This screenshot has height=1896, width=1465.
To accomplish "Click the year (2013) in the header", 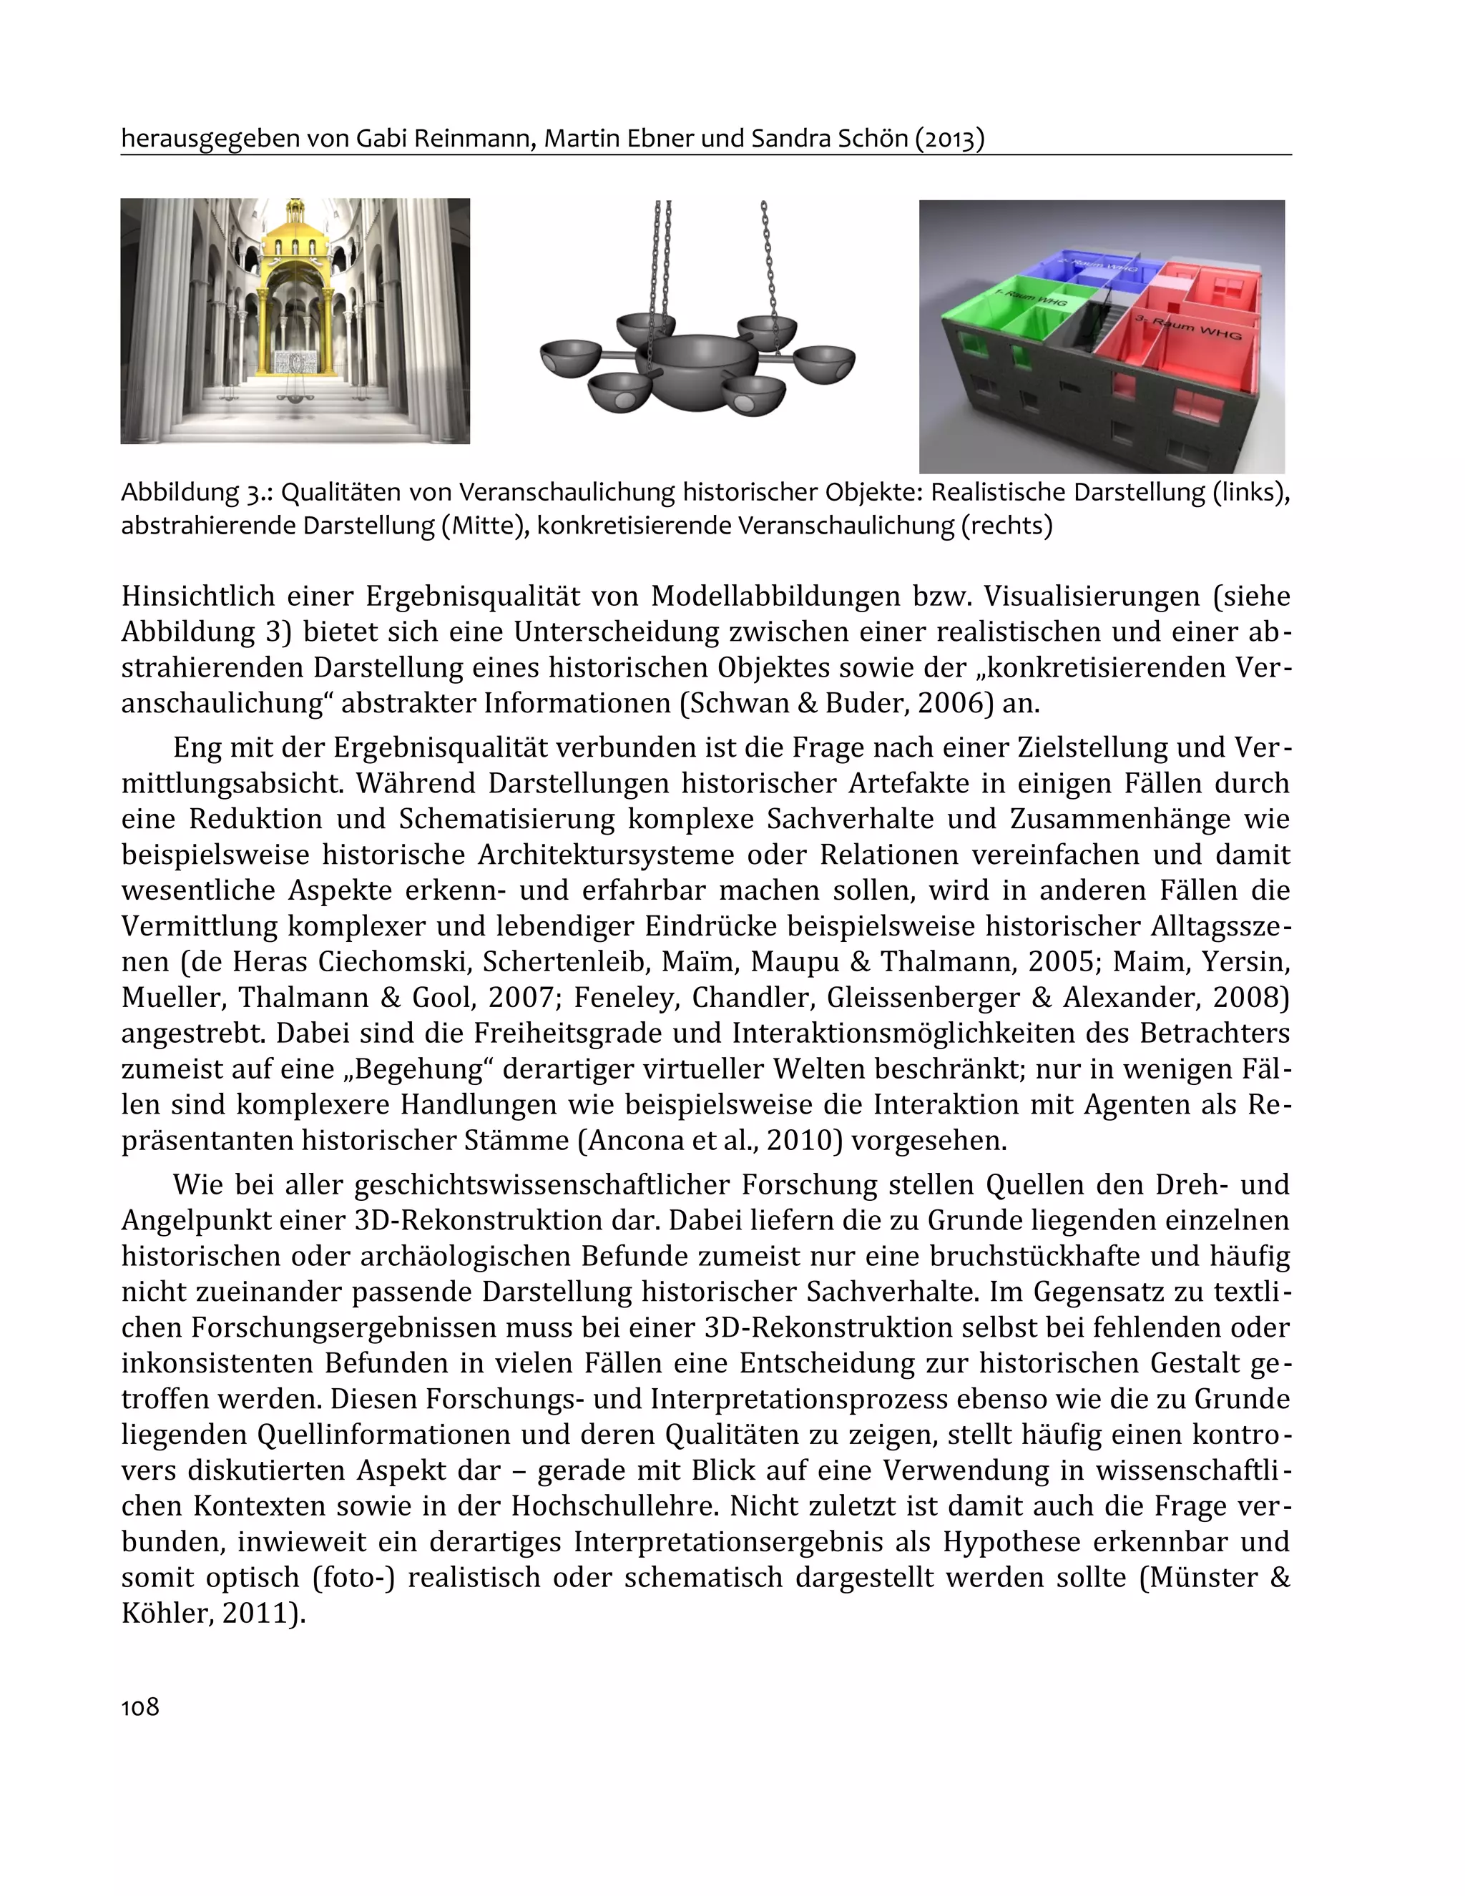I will pos(949,139).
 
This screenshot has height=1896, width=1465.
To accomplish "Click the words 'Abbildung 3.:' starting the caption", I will pos(196,492).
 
